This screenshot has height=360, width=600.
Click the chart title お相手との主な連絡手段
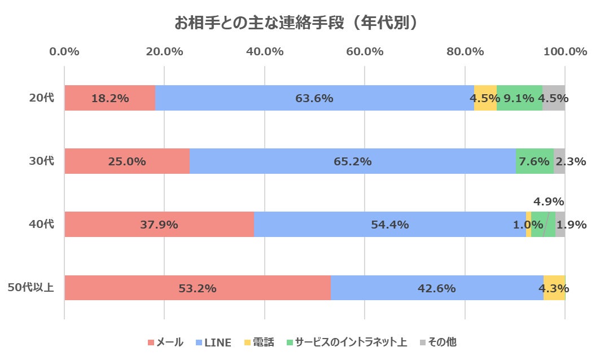pyautogui.click(x=299, y=23)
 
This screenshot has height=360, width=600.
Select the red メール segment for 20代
pyautogui.click(x=110, y=98)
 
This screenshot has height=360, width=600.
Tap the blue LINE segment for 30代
pyautogui.click(x=353, y=161)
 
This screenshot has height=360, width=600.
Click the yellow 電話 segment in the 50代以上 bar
pyautogui.click(x=554, y=288)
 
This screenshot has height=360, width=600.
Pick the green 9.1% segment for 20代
pyautogui.click(x=519, y=98)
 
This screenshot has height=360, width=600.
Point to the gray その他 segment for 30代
pyautogui.click(x=559, y=161)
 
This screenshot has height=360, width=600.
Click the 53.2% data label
pyautogui.click(x=198, y=288)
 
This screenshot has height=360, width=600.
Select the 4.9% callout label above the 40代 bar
pyautogui.click(x=549, y=201)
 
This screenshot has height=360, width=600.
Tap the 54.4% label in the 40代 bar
pyautogui.click(x=389, y=225)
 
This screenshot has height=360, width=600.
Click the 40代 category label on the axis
pyautogui.click(x=42, y=224)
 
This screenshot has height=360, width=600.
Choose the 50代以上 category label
pyautogui.click(x=31, y=288)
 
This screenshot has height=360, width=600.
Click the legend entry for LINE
pyautogui.click(x=213, y=343)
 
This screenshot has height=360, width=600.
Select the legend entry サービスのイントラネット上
pyautogui.click(x=346, y=343)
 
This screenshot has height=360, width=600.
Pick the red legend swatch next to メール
pyautogui.click(x=151, y=343)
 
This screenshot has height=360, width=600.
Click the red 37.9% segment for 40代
pyautogui.click(x=159, y=225)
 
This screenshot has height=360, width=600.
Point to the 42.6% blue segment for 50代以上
pyautogui.click(x=437, y=288)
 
